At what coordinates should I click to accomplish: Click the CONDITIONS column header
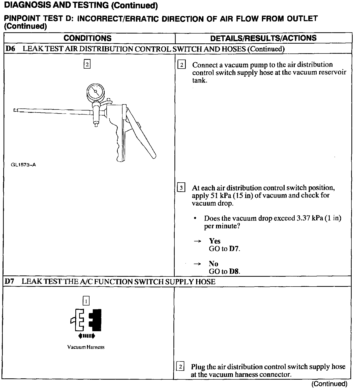coord(87,38)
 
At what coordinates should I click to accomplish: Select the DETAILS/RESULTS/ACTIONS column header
coord(263,38)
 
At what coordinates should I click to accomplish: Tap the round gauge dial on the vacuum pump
coord(95,92)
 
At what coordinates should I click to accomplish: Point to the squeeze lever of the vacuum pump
coord(141,134)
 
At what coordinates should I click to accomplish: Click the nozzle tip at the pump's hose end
coord(15,110)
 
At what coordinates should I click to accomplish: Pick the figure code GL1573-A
coord(23,165)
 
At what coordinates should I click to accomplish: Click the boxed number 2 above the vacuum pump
coord(87,65)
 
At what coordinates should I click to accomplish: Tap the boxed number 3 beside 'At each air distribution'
coord(181,188)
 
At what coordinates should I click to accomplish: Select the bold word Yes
coord(215,241)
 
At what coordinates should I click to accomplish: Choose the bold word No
coord(213,264)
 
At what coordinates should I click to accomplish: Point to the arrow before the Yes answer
coord(197,241)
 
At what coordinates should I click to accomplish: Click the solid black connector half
coord(96,320)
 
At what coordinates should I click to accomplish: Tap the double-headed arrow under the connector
coord(86,336)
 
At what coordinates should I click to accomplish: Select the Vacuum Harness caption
coord(86,347)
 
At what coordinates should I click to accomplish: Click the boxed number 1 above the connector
coord(86,301)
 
